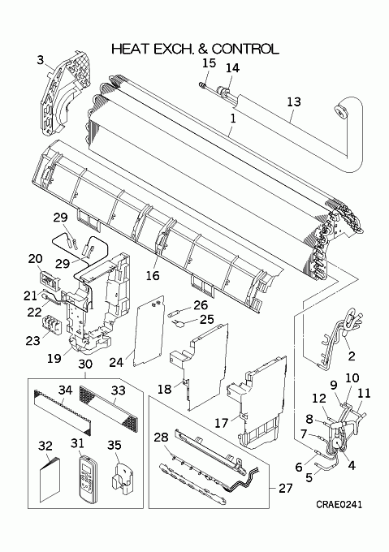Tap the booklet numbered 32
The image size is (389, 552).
(x=50, y=478)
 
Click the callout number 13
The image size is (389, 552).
(x=294, y=101)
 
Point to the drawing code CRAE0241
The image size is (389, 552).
(x=339, y=505)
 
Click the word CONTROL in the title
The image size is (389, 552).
(x=245, y=49)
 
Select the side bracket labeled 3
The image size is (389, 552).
(x=65, y=93)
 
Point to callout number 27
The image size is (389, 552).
(x=286, y=489)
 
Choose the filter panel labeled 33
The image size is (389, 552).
(x=112, y=407)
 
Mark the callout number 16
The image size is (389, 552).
(x=153, y=275)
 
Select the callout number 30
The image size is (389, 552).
(x=85, y=364)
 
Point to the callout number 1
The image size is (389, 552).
(x=233, y=119)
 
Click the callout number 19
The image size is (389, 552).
(x=54, y=358)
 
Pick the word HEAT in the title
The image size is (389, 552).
(x=130, y=49)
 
